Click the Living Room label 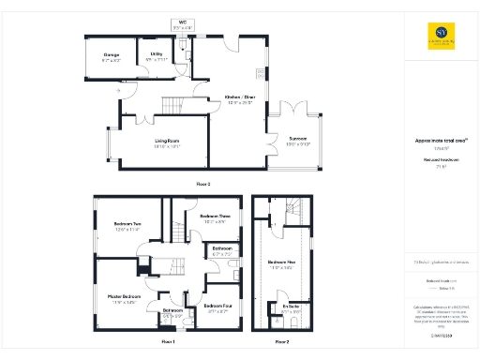pos(167,142)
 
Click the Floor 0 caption pos(202,184)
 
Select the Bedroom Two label pos(127,225)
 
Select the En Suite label pos(290,306)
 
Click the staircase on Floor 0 pos(175,105)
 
